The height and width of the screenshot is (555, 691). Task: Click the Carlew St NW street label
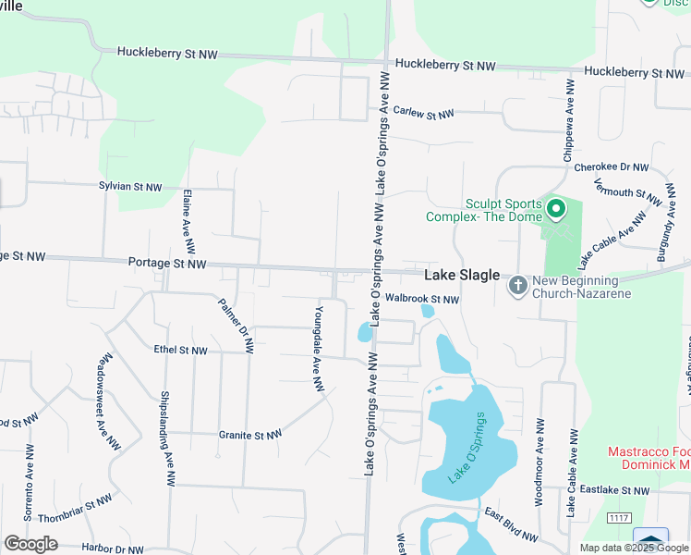click(423, 113)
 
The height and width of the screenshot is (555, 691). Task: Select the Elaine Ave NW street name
click(188, 222)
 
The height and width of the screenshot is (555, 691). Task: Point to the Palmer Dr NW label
click(236, 326)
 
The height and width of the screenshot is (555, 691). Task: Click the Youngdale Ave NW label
click(319, 347)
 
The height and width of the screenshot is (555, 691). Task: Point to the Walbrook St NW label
click(422, 299)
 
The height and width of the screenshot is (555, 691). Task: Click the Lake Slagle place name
click(462, 276)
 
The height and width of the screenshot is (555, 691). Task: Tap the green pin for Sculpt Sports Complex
click(555, 211)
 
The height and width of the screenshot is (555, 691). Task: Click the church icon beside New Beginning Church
click(518, 286)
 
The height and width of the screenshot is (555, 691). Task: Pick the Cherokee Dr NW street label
click(612, 167)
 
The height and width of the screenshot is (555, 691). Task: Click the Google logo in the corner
click(30, 544)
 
